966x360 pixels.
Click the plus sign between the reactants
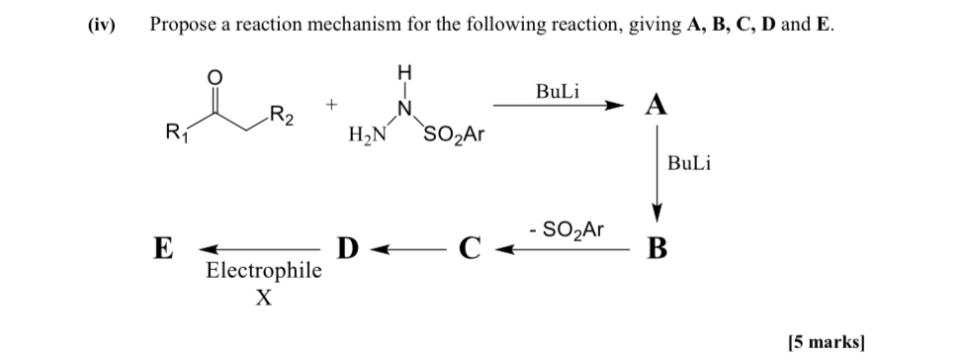pyautogui.click(x=334, y=103)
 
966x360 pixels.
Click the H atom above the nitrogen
pyautogui.click(x=402, y=72)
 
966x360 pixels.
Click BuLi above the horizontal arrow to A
pyautogui.click(x=559, y=90)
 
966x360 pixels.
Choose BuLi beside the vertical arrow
pyautogui.click(x=689, y=164)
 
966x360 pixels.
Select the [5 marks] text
pyautogui.click(x=827, y=342)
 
